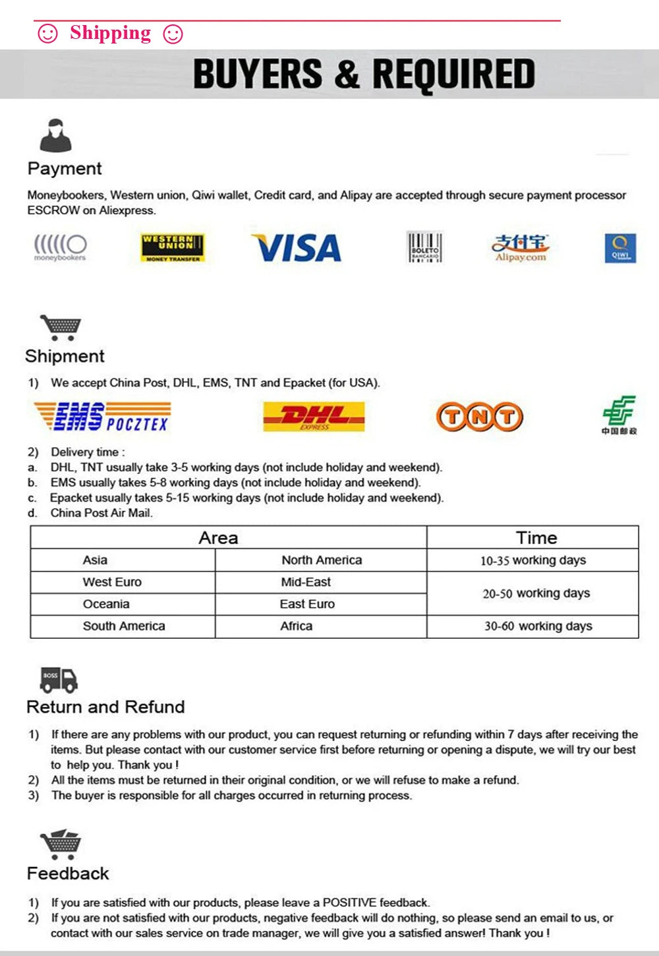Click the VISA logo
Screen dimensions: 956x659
[297, 248]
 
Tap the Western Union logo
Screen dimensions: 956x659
[173, 248]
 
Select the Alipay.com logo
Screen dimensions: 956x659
[521, 248]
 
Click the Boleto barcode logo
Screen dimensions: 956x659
[424, 247]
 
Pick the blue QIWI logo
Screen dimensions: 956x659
[620, 248]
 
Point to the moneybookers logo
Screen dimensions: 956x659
[60, 248]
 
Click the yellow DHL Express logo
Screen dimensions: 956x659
[314, 417]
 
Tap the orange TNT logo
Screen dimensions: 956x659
[480, 417]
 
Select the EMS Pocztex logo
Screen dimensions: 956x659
[102, 417]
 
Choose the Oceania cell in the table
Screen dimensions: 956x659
[106, 604]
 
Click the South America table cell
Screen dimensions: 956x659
[124, 626]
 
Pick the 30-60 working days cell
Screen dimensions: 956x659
[538, 626]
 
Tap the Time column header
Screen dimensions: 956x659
[536, 537]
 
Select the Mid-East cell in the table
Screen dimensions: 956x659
[306, 582]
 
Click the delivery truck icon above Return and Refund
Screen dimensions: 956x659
[59, 680]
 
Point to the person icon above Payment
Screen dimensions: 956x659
[55, 136]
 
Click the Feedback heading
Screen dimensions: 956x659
[68, 874]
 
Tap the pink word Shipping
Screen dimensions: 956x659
[110, 32]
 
